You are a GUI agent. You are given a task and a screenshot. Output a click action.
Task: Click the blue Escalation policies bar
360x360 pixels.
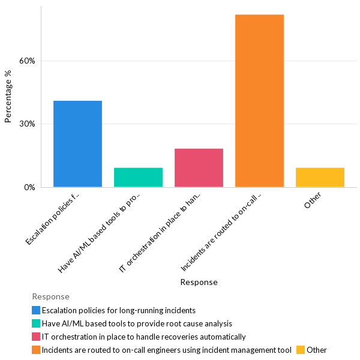[77, 144]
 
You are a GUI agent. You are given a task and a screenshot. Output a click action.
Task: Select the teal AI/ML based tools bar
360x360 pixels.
[138, 178]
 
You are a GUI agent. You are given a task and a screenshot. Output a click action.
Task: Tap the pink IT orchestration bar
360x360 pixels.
[199, 168]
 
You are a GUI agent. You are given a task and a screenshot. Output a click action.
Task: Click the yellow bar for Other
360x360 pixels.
[320, 178]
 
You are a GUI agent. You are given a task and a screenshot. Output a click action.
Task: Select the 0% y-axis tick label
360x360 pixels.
[30, 187]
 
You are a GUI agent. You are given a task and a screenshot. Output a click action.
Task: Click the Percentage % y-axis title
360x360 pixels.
[8, 97]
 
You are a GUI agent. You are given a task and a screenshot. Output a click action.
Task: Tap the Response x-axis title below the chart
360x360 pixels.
[199, 282]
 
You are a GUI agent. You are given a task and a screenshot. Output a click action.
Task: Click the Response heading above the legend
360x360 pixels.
[50, 296]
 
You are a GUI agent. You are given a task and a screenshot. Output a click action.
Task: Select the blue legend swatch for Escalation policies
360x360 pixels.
[36, 310]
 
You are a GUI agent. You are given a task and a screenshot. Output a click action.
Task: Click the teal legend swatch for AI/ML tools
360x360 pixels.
[36, 323]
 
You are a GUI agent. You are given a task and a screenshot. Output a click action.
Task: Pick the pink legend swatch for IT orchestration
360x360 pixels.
[36, 337]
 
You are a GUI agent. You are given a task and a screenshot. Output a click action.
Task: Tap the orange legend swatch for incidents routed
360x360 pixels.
[36, 350]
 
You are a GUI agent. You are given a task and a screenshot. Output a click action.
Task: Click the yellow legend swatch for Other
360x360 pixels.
[301, 350]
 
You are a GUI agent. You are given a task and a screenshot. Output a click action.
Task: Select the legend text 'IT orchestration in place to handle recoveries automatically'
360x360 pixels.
[143, 337]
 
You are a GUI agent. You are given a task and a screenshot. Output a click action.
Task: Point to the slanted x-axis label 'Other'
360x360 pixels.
[313, 200]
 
